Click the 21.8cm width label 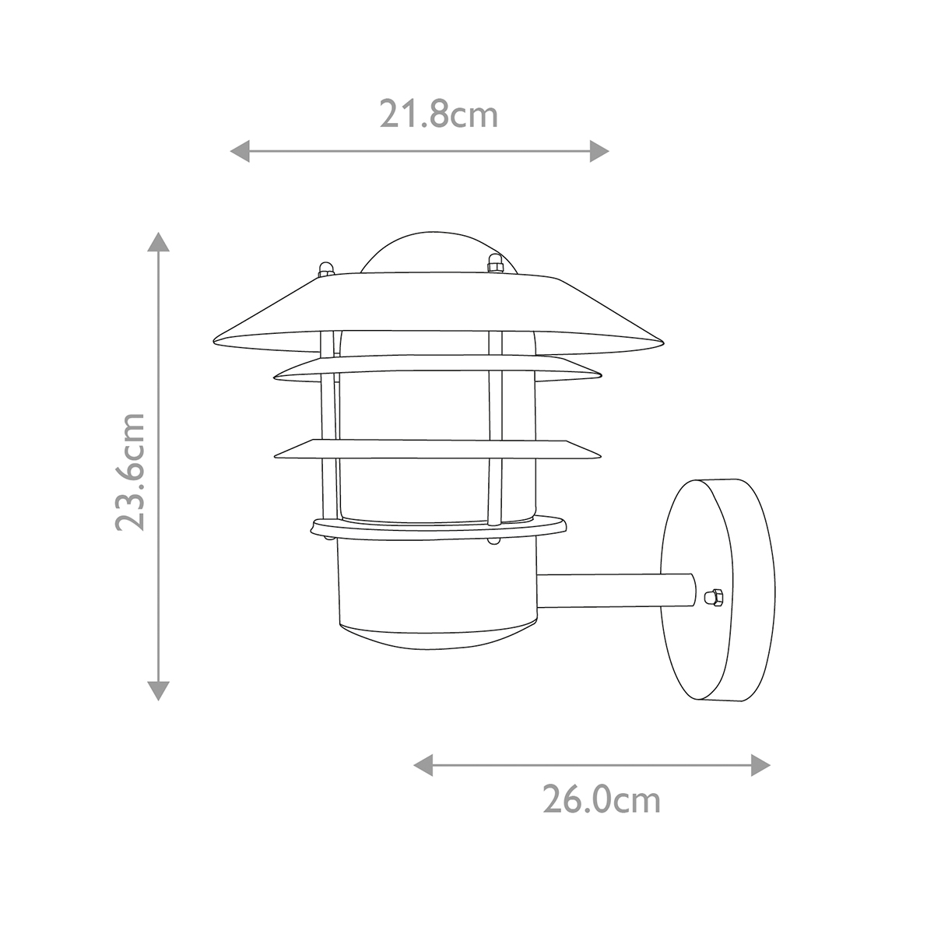click(438, 115)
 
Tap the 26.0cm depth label click(601, 799)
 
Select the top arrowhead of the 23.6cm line click(159, 242)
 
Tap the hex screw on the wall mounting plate click(710, 598)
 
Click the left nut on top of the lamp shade click(326, 269)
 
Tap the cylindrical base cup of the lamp click(436, 592)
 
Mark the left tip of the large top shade click(216, 342)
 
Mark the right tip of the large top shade click(662, 342)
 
